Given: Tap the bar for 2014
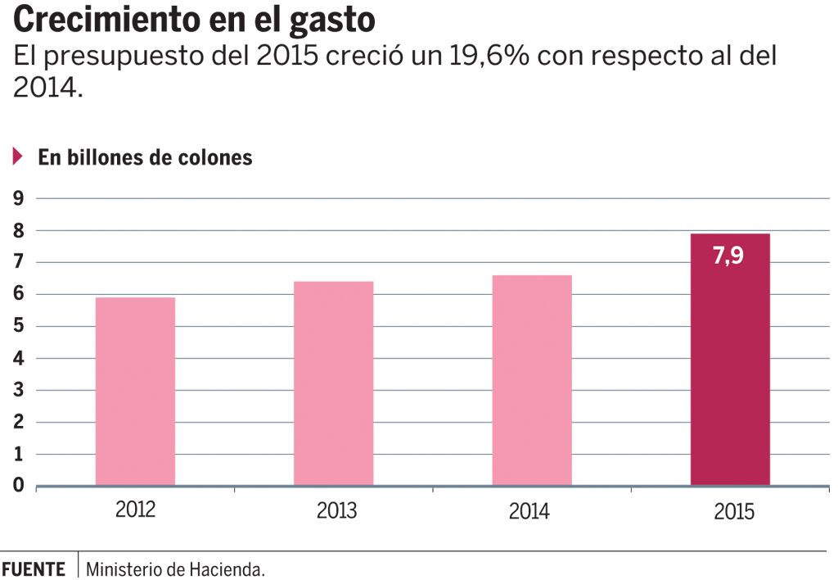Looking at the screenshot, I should [532, 380].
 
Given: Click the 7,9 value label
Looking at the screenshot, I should [728, 256].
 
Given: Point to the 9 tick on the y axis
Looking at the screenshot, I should [18, 199].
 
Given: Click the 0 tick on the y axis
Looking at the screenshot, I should [18, 487].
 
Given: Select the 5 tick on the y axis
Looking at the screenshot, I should [18, 327].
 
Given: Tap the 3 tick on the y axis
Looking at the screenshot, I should [18, 391].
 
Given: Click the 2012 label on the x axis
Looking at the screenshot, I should [136, 510].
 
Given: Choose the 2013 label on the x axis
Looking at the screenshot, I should [336, 512].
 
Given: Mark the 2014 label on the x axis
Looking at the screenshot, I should [529, 512].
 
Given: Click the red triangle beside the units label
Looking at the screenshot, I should [17, 157].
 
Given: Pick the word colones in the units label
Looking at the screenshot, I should [216, 158].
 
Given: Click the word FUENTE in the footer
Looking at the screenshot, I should [34, 569].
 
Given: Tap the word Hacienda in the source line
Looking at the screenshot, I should [230, 569].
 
